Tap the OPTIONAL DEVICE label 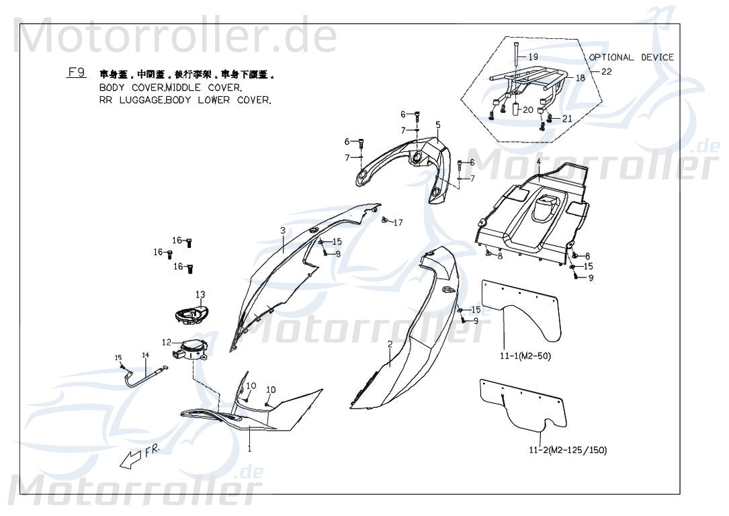[x=631, y=58]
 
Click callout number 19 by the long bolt [x=532, y=57]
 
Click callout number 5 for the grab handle [x=437, y=124]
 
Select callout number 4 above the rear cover [x=538, y=162]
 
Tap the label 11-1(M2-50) [x=525, y=357]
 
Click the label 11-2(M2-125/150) [x=567, y=450]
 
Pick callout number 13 [x=200, y=294]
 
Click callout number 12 [x=167, y=342]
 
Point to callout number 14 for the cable [x=144, y=355]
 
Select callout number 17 [x=398, y=222]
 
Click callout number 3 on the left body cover [x=283, y=230]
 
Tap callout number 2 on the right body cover [x=390, y=344]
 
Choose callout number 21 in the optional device [x=567, y=118]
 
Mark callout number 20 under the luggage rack [x=528, y=109]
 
